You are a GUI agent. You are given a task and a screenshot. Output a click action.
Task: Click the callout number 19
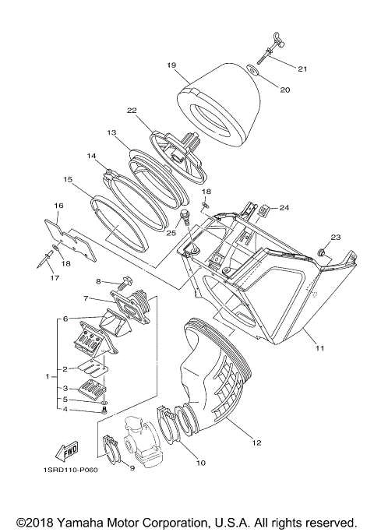(x=171, y=66)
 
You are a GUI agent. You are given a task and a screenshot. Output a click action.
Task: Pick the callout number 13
(x=111, y=133)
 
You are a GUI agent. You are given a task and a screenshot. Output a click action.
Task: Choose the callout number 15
(x=69, y=179)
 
